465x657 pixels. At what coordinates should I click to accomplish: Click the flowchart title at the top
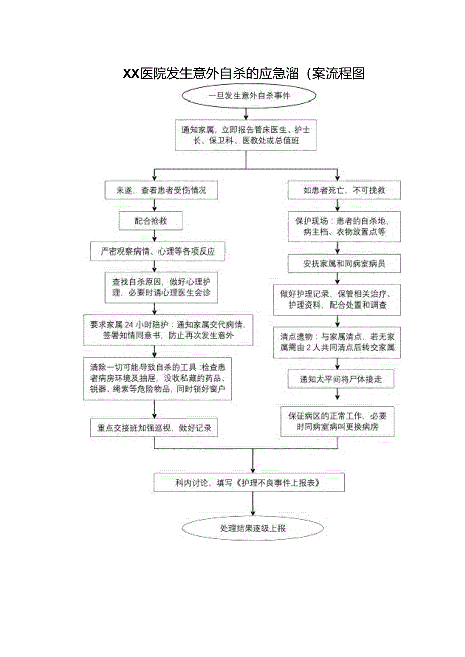click(x=244, y=74)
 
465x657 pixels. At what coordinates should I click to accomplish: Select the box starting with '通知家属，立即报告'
click(x=246, y=135)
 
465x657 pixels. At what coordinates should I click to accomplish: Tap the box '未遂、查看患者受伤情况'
click(x=161, y=191)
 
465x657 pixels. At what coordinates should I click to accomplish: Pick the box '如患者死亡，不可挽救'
click(x=337, y=191)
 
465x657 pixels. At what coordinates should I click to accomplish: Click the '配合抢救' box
click(x=151, y=221)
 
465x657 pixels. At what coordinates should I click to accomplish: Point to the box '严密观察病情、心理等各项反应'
click(x=158, y=251)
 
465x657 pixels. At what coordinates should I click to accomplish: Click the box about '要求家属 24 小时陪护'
click(x=168, y=330)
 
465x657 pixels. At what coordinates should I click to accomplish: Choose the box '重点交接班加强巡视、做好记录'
click(x=154, y=428)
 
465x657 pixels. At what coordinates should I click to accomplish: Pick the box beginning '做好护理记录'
click(x=338, y=300)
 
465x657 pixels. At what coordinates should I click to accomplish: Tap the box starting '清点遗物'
click(x=337, y=342)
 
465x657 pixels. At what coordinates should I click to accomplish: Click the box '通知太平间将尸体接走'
click(x=340, y=379)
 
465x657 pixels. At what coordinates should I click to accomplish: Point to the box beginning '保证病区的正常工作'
click(x=337, y=421)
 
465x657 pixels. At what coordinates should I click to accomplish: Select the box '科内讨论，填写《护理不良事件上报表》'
click(x=249, y=482)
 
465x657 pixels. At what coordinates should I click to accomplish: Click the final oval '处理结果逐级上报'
click(x=252, y=528)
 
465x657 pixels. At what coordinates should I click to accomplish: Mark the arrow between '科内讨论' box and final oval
click(x=253, y=504)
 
